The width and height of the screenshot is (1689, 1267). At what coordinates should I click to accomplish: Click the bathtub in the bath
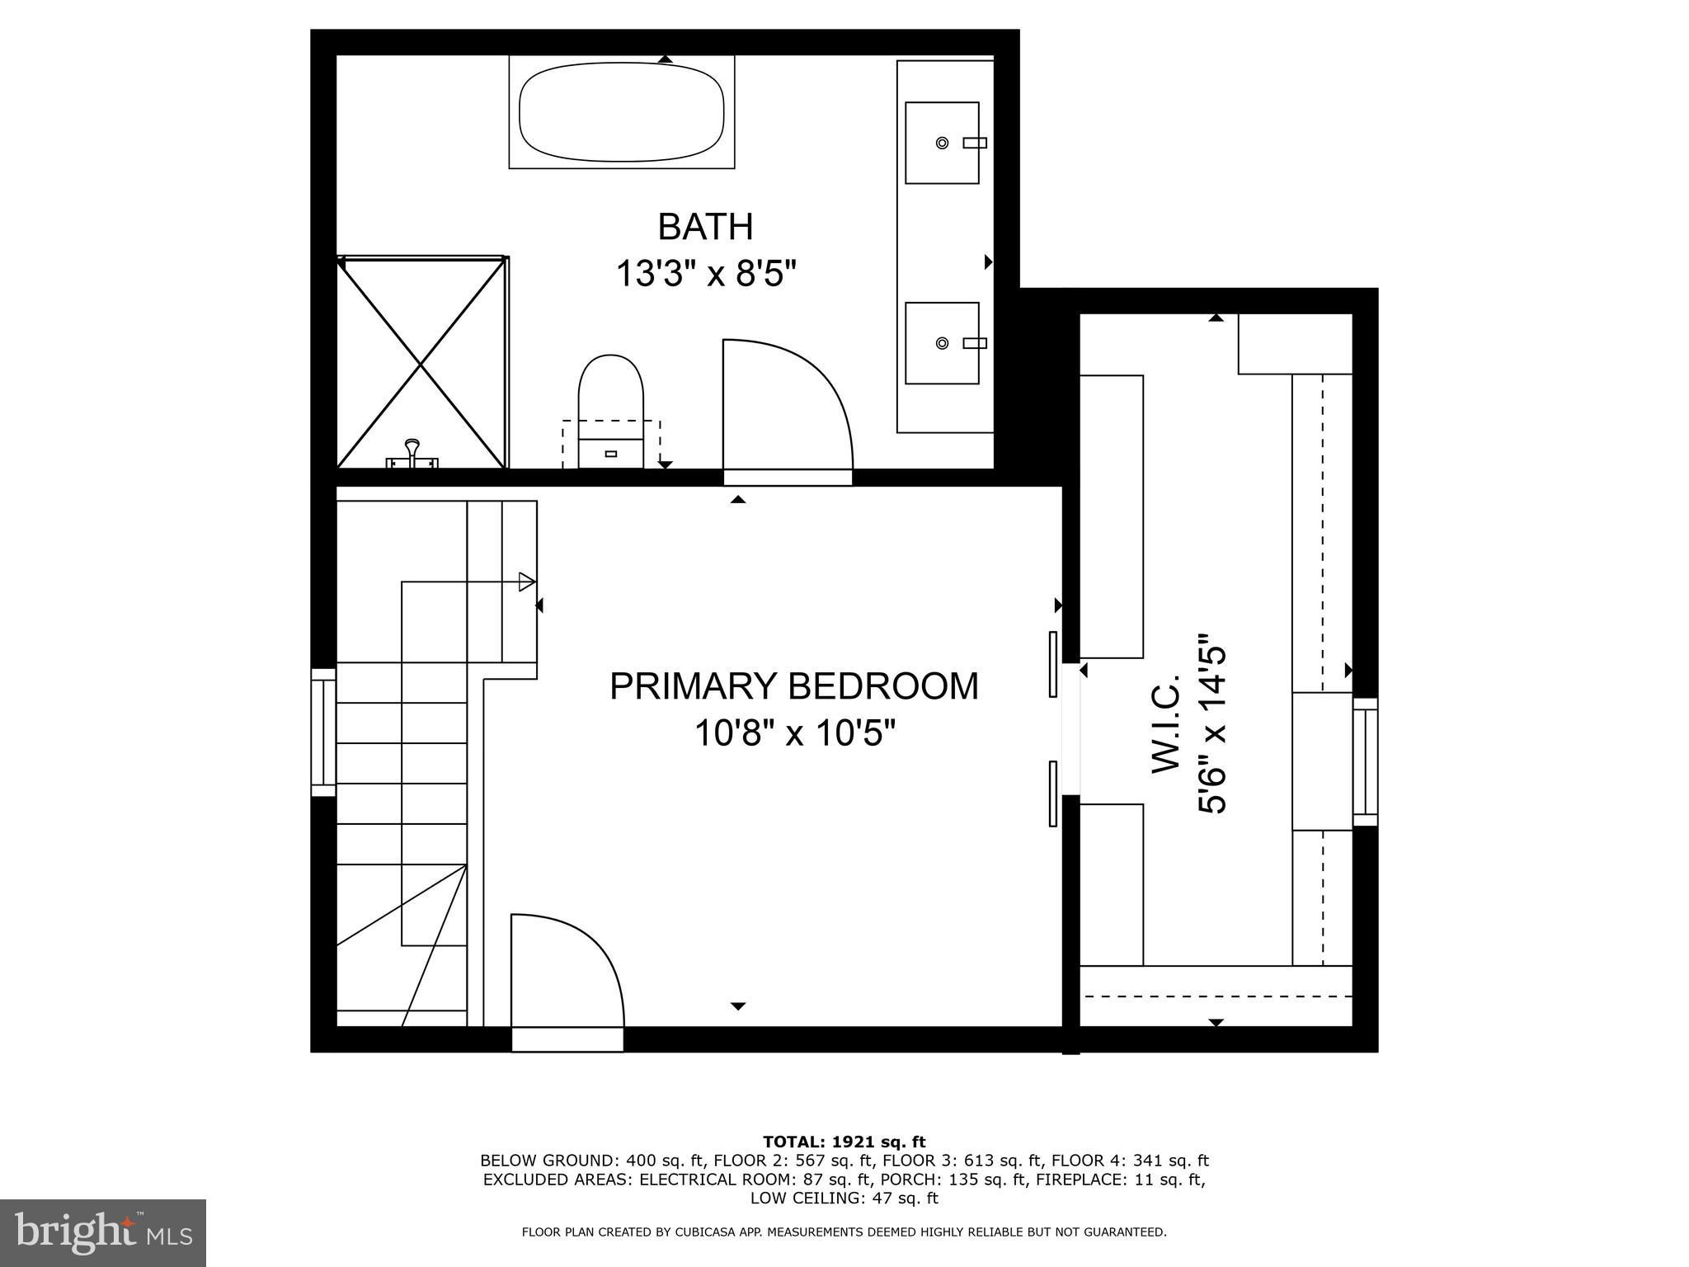pyautogui.click(x=622, y=111)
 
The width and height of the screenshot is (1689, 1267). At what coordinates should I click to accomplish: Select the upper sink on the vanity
pyautogui.click(x=943, y=143)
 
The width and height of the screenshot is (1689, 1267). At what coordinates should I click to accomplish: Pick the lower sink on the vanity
pyautogui.click(x=943, y=343)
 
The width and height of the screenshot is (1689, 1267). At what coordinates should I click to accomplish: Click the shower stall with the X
pyautogui.click(x=421, y=362)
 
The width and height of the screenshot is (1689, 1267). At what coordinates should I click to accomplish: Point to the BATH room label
pyautogui.click(x=705, y=226)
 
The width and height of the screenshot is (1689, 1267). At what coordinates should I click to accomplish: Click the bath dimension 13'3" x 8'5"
pyautogui.click(x=707, y=273)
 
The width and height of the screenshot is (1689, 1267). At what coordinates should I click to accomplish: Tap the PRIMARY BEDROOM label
pyautogui.click(x=793, y=685)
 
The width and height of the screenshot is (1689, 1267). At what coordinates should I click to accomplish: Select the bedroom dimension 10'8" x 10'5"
pyautogui.click(x=794, y=732)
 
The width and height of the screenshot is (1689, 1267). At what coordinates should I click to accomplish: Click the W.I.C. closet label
pyautogui.click(x=1167, y=723)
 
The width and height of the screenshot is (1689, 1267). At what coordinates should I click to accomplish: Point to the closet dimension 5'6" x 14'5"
pyautogui.click(x=1213, y=723)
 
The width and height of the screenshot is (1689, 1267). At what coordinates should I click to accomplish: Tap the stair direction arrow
pyautogui.click(x=468, y=582)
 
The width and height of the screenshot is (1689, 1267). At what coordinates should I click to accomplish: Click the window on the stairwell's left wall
pyautogui.click(x=323, y=732)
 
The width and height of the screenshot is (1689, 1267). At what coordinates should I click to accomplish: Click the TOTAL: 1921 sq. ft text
pyautogui.click(x=844, y=1142)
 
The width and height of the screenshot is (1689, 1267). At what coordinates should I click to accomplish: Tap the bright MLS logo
pyautogui.click(x=103, y=1233)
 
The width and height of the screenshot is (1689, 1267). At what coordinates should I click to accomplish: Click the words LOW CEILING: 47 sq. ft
pyautogui.click(x=844, y=1198)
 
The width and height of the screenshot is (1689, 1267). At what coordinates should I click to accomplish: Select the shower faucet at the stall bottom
pyautogui.click(x=412, y=456)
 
